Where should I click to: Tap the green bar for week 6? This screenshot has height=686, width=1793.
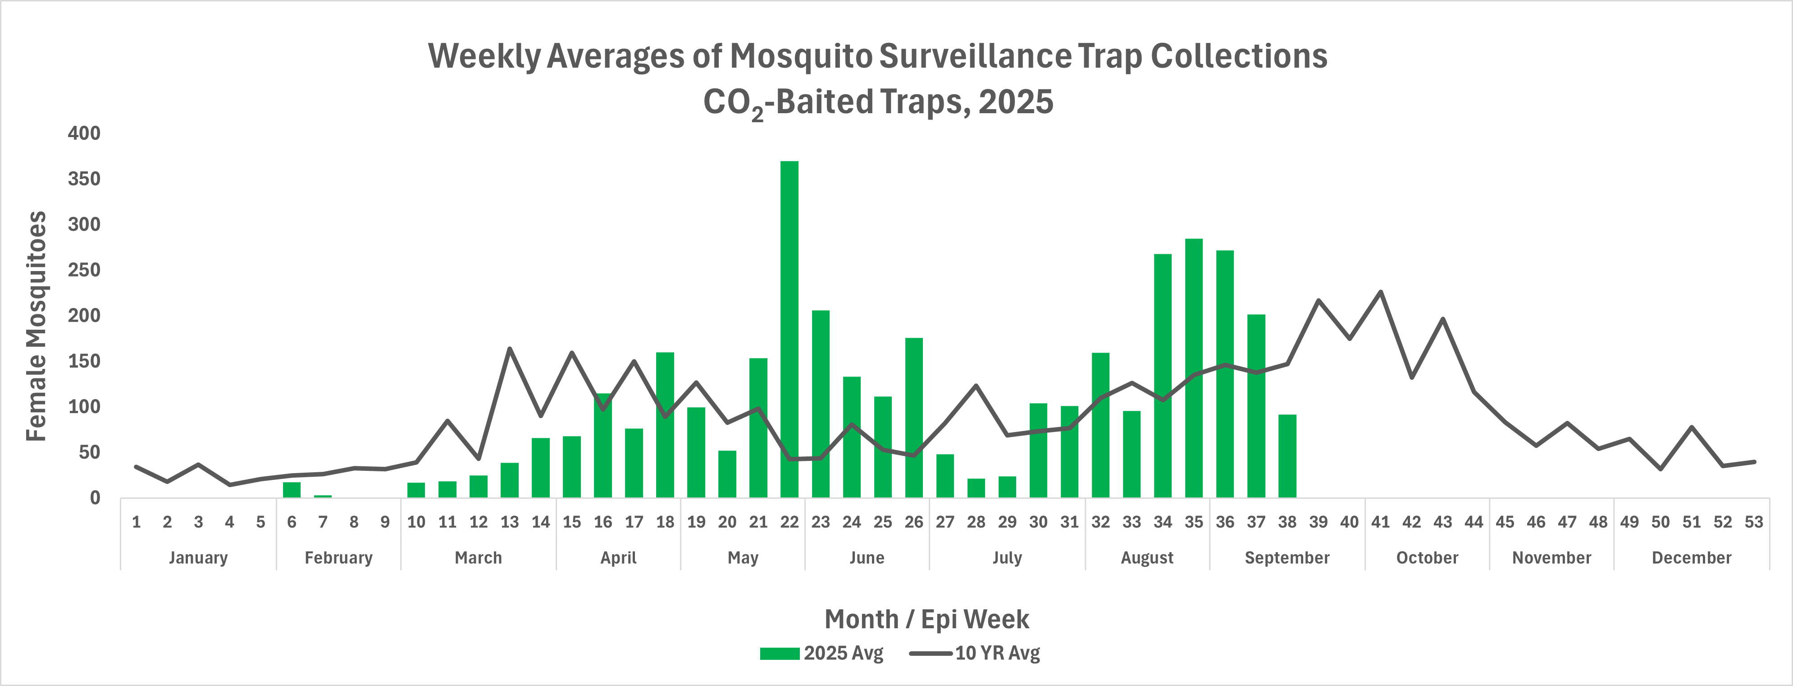click(x=292, y=490)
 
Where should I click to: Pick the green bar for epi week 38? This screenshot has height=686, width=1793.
click(x=1287, y=456)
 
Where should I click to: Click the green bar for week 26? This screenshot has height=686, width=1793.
click(x=914, y=418)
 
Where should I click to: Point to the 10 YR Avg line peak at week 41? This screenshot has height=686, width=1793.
click(x=1380, y=292)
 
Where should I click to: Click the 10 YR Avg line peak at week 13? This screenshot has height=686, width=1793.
click(x=510, y=348)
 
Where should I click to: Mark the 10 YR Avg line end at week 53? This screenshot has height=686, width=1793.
click(x=1754, y=462)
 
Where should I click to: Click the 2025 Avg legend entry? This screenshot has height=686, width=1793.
click(x=821, y=653)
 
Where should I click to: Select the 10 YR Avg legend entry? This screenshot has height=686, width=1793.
click(x=974, y=653)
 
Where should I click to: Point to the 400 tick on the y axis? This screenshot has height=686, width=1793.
click(x=84, y=133)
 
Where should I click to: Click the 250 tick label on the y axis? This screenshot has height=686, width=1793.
click(x=84, y=270)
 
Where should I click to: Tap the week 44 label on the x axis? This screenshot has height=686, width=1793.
click(x=1474, y=522)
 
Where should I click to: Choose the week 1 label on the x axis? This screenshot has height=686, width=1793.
click(x=137, y=522)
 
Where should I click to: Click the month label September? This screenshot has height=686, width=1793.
click(x=1287, y=558)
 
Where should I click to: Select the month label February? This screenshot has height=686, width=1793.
click(x=338, y=558)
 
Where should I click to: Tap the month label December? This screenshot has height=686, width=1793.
click(x=1691, y=558)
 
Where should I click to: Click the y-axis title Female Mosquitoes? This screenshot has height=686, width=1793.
click(x=36, y=326)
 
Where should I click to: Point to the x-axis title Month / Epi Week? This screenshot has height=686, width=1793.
click(x=926, y=619)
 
